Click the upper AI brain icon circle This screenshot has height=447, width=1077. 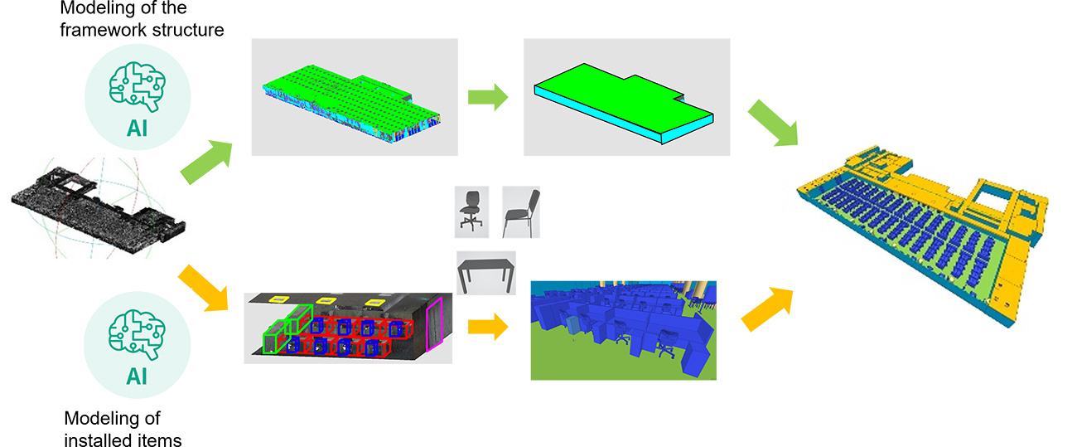click(138, 97)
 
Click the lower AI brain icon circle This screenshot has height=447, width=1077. click(137, 344)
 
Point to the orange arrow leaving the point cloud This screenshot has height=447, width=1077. click(203, 287)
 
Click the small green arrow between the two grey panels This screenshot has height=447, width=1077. click(488, 97)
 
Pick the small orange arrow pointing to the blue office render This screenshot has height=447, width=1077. click(488, 327)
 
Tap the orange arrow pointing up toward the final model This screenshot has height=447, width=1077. click(767, 309)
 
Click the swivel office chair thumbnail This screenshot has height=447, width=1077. click(471, 211)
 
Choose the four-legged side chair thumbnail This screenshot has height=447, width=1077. click(521, 211)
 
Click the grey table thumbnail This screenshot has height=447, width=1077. click(486, 273)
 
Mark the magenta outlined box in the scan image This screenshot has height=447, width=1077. click(434, 325)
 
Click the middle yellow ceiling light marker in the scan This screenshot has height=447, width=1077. click(325, 301)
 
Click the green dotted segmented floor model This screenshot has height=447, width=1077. click(352, 104)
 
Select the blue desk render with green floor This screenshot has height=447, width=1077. click(624, 331)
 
